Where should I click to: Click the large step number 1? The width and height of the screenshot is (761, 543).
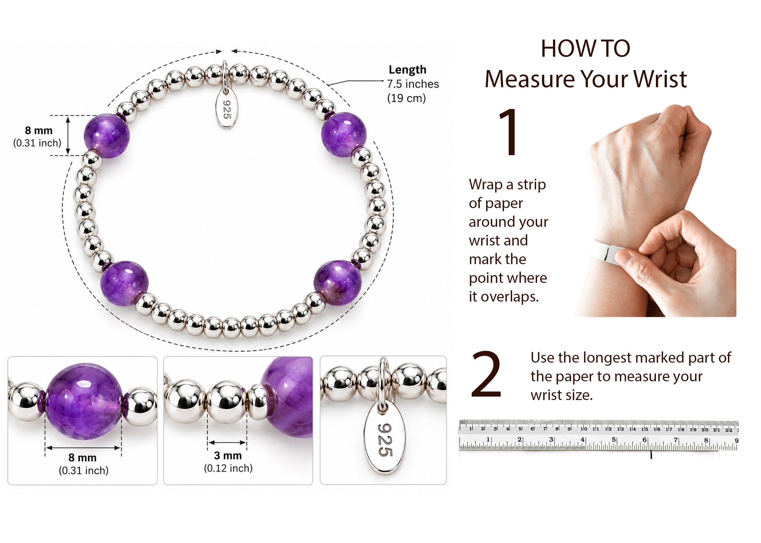coord(508,132)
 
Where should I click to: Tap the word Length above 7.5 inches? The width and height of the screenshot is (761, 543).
coord(407,69)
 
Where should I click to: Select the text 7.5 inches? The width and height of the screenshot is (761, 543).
coord(413,84)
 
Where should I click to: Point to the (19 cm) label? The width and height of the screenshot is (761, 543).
coord(406,98)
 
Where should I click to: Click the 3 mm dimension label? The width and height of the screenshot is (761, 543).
coord(228,455)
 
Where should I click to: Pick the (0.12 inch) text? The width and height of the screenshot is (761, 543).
coord(228,468)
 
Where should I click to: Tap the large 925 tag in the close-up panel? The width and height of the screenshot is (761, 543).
coord(385,439)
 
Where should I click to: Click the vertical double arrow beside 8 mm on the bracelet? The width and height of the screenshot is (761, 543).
coord(68,136)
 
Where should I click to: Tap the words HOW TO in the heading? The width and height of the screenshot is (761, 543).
coord(585,48)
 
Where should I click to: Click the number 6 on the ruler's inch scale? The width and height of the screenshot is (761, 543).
coord(644,440)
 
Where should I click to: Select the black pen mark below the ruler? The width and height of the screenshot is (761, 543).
coord(651,455)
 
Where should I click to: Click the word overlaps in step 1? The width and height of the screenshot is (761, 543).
coord(510,297)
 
